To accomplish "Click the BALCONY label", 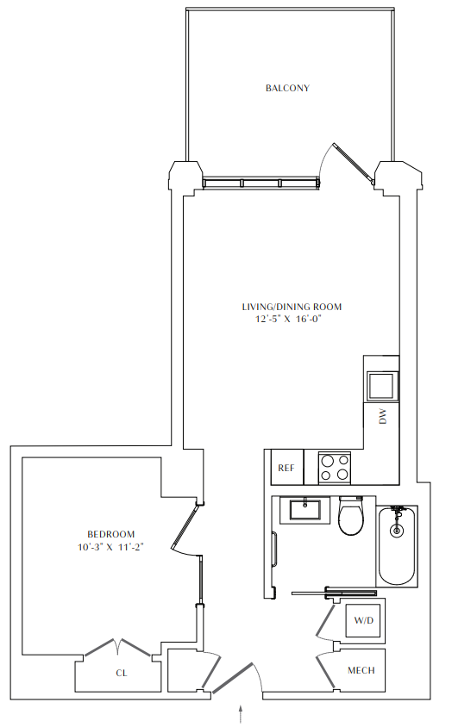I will [287, 88].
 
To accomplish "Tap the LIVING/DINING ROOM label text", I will [292, 306].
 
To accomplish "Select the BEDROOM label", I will [110, 534].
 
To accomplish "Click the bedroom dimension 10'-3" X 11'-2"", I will [110, 547].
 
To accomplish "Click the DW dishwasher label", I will [382, 418].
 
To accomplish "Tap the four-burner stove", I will [335, 467].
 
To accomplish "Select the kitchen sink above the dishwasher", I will [380, 382].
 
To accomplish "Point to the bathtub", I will [397, 546].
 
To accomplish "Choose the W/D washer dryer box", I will [364, 620].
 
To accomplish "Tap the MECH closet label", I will [361, 670].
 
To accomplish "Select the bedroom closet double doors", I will [118, 646].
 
